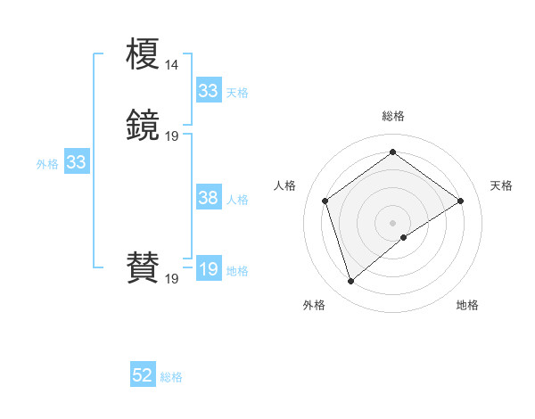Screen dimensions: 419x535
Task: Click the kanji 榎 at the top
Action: coord(143,55)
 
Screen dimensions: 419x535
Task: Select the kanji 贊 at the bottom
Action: coord(143,267)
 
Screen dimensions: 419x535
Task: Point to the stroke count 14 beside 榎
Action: coord(171,65)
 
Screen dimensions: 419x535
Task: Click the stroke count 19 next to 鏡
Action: coord(171,136)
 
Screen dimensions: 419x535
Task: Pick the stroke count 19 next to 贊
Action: coord(171,279)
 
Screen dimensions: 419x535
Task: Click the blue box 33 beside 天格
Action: coord(209,91)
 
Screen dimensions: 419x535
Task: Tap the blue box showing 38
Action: coord(209,199)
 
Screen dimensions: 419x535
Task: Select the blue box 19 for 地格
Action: coord(209,269)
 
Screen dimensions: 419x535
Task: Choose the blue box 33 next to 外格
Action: coord(77,162)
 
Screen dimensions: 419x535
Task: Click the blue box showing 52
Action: coord(143,376)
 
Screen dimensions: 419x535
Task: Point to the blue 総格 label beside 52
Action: coord(171,377)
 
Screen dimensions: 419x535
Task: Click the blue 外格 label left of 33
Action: coord(47,163)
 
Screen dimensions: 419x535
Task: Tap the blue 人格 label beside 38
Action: coord(237,200)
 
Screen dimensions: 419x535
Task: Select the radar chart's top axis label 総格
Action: coord(392,116)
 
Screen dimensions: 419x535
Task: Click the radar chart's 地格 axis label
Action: coord(467,305)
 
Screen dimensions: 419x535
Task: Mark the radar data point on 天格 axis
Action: coord(460,201)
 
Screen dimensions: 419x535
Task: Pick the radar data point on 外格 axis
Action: coord(350,282)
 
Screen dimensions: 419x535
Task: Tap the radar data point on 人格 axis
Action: coord(325,201)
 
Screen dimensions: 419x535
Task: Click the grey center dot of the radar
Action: coord(392,222)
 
